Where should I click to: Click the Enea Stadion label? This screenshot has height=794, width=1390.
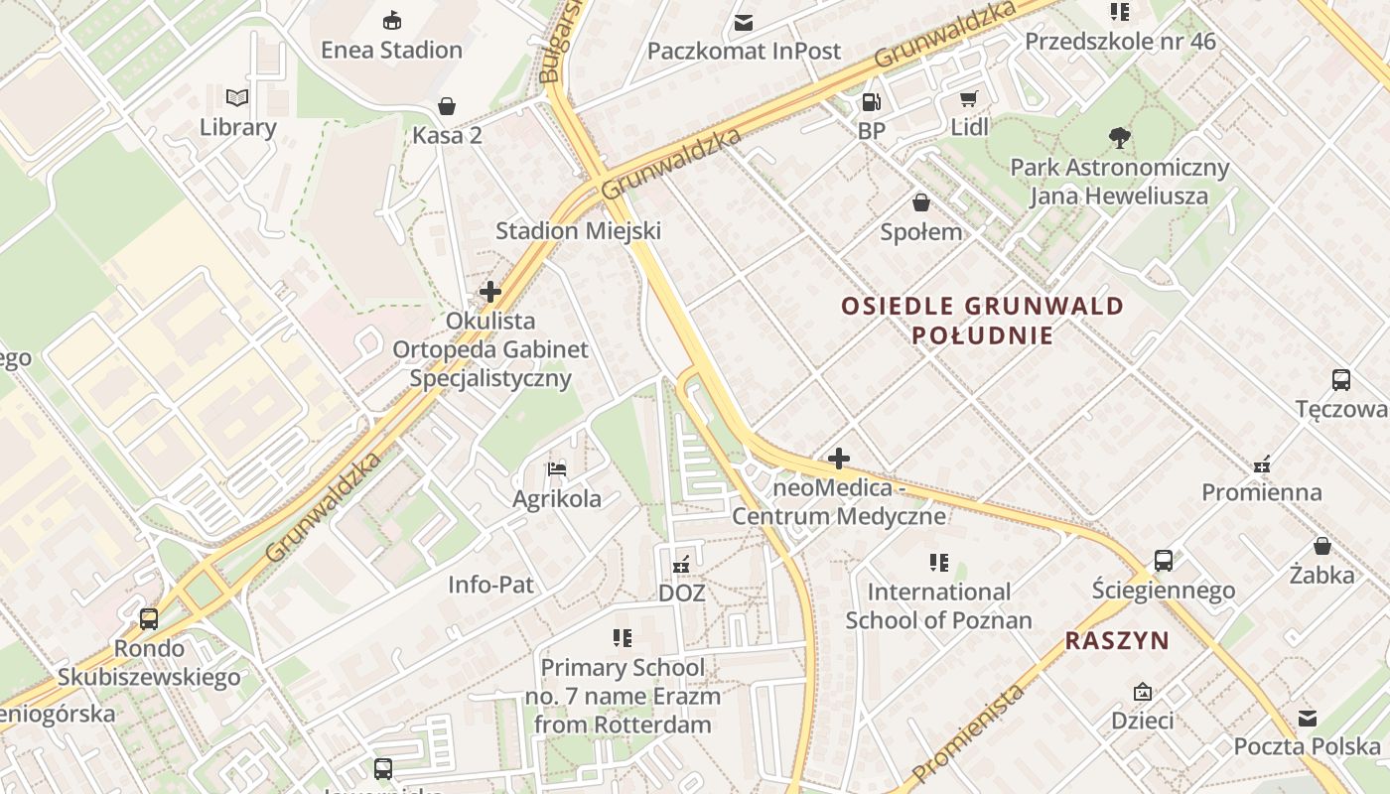(391, 50)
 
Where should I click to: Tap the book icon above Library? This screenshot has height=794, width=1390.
(237, 97)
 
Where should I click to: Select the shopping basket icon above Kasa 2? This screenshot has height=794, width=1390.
(447, 106)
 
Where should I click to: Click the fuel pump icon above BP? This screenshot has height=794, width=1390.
(871, 101)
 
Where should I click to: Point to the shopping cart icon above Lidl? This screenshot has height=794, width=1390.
(969, 98)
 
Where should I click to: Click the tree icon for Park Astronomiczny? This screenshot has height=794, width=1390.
(1119, 137)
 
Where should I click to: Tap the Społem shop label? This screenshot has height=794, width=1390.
(921, 232)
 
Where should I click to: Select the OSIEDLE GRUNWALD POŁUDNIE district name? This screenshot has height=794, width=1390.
(982, 320)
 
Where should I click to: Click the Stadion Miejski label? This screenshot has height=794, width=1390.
(578, 231)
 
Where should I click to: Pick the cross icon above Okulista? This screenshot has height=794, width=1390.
(490, 292)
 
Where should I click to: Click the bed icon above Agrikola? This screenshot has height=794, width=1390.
(557, 468)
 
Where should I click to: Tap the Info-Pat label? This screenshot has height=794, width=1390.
(490, 585)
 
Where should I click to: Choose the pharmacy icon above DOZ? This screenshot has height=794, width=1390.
(681, 564)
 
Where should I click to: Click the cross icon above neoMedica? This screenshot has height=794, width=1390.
(839, 459)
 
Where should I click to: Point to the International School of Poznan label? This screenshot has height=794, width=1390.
(938, 605)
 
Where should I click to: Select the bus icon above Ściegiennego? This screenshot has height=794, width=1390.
(1164, 561)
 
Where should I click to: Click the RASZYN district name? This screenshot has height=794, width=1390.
(1117, 641)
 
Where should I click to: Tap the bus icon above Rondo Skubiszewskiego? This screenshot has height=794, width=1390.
(149, 619)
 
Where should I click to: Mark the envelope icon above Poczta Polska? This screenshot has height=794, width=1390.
(1308, 718)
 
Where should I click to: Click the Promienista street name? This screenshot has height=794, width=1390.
(967, 732)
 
